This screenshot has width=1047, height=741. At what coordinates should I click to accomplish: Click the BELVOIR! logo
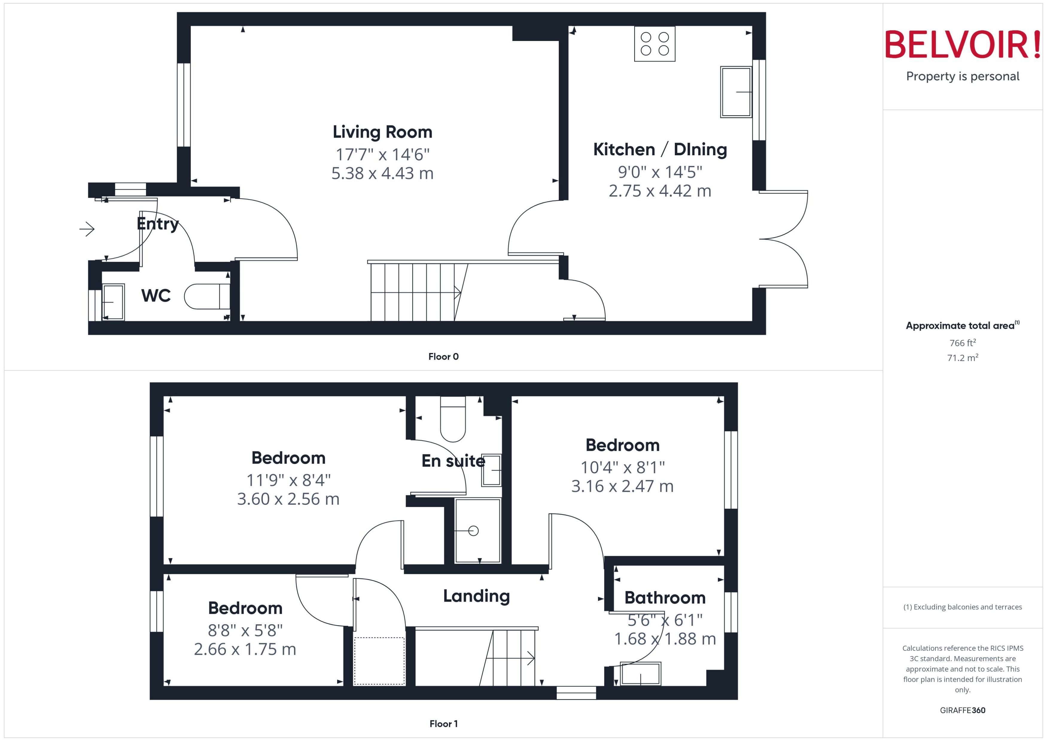point(963,45)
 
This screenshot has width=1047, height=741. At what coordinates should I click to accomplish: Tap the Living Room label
point(382,132)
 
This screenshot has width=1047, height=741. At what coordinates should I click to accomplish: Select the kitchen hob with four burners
point(654,44)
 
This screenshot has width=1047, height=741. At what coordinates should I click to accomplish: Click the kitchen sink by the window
point(735,92)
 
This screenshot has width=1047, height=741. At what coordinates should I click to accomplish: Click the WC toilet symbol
point(206,296)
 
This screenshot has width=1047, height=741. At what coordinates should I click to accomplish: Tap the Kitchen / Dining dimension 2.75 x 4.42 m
point(660,191)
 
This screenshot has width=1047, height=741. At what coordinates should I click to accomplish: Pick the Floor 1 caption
point(443,724)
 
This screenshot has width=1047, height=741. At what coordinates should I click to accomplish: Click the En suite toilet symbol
point(453,419)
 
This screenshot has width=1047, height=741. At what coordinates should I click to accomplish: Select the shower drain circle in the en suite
point(473,531)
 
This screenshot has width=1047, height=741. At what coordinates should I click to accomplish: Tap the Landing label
point(476,596)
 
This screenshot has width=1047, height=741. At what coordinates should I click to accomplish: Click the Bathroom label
point(665,597)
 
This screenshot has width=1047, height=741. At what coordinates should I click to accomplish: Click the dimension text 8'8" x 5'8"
point(245,630)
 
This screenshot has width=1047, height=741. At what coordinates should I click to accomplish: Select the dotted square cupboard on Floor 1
point(379,661)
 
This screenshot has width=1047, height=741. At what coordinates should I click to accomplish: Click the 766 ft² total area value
point(962,343)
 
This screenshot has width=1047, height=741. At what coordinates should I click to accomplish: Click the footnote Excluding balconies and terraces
point(962,607)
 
